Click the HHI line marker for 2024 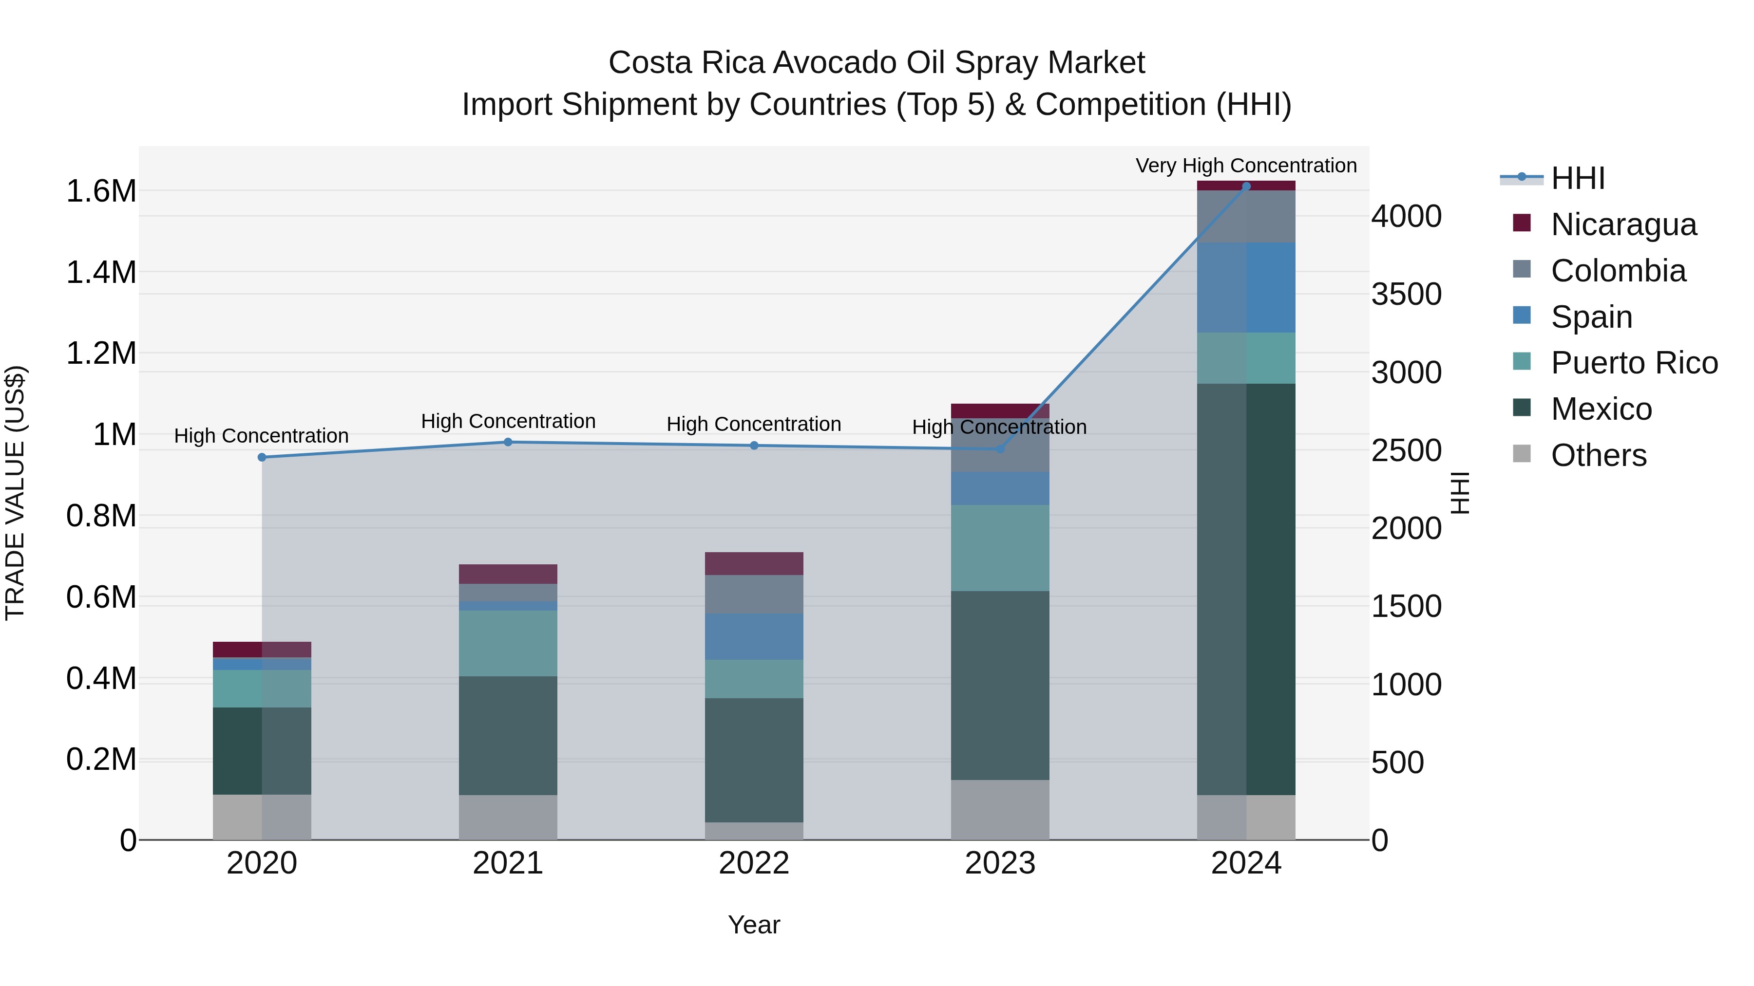tap(1246, 186)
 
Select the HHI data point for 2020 tap(262, 457)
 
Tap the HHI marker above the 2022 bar tap(754, 446)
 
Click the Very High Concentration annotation tap(1246, 166)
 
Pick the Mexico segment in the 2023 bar tap(1000, 685)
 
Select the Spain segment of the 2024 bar tap(1246, 287)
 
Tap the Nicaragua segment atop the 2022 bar tap(754, 563)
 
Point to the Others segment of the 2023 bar tap(1000, 809)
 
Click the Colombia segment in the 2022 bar tap(754, 594)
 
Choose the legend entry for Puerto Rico tap(1634, 363)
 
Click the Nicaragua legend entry tap(1623, 224)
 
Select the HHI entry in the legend tap(1578, 178)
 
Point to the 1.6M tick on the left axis tap(101, 191)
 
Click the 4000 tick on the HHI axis tap(1406, 216)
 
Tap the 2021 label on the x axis tap(508, 863)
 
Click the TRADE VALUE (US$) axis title tap(15, 493)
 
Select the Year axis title tap(754, 925)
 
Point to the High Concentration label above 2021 tap(508, 421)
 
